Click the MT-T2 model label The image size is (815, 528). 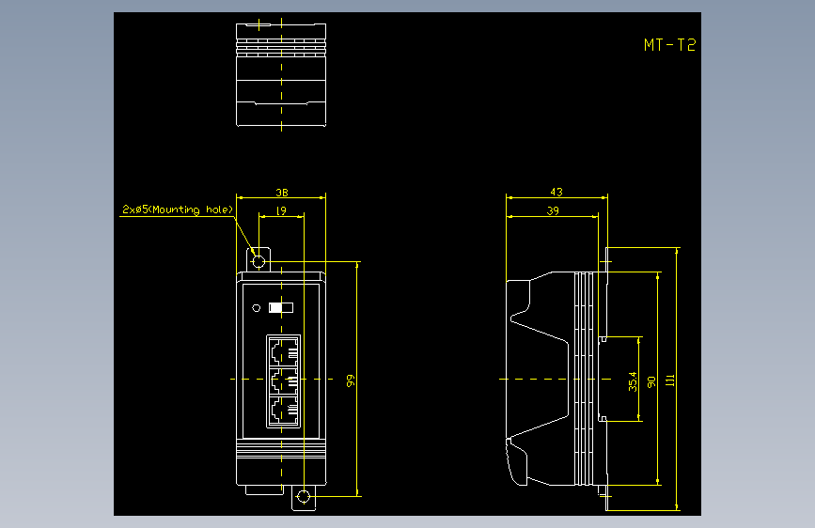[669, 45]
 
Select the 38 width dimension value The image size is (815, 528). [282, 193]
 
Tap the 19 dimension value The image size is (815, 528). [281, 210]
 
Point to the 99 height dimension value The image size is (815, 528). [351, 380]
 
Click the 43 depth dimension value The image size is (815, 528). [556, 192]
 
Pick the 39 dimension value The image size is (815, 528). [553, 210]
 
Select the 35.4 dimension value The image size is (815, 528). [632, 381]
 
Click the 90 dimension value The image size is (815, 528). [650, 382]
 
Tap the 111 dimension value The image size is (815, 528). [670, 380]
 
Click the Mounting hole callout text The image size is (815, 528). [178, 210]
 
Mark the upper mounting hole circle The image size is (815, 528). [259, 261]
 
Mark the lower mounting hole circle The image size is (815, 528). [304, 497]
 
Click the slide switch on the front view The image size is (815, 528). [281, 307]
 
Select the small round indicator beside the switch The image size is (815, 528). [257, 308]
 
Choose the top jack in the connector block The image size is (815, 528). [284, 351]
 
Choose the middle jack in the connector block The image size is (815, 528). [284, 380]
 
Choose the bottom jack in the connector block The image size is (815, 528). [284, 411]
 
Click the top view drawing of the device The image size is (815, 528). [281, 74]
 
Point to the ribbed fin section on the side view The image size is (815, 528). [584, 379]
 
